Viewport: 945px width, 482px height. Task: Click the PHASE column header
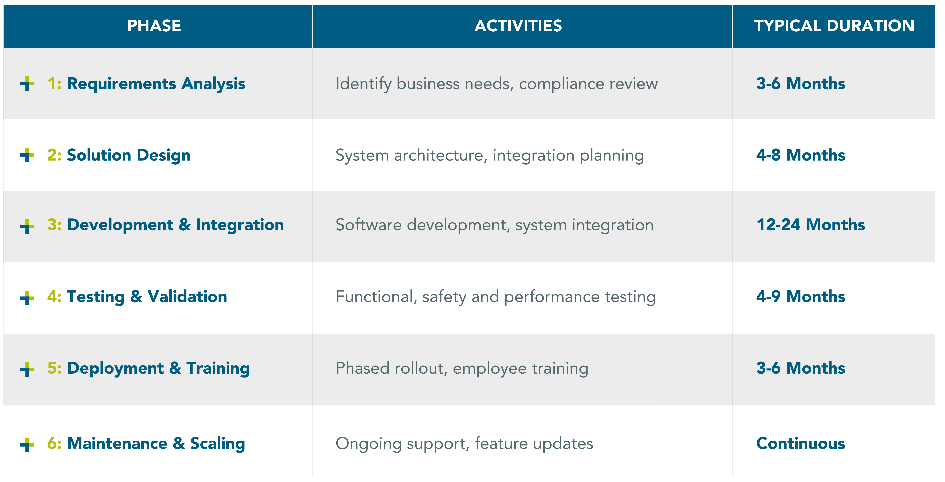[x=154, y=26]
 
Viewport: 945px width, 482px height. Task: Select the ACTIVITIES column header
[x=518, y=26]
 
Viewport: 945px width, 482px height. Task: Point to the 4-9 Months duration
[x=801, y=296]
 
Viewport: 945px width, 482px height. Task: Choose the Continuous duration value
[x=801, y=443]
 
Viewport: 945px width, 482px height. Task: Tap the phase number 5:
[x=54, y=368]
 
